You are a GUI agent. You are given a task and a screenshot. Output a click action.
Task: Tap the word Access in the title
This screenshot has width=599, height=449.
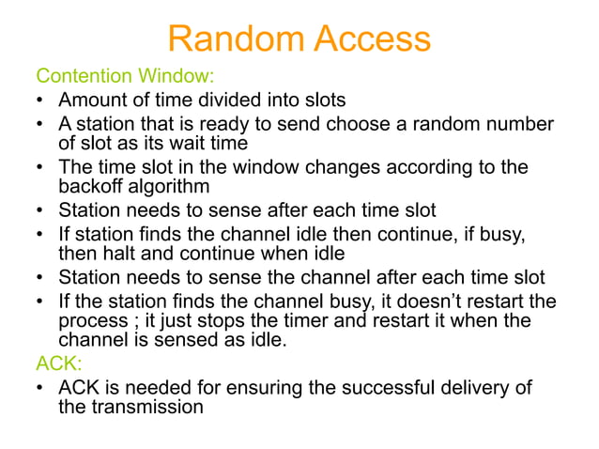(x=373, y=39)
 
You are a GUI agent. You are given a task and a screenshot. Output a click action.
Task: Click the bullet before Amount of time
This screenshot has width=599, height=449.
(x=41, y=100)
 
